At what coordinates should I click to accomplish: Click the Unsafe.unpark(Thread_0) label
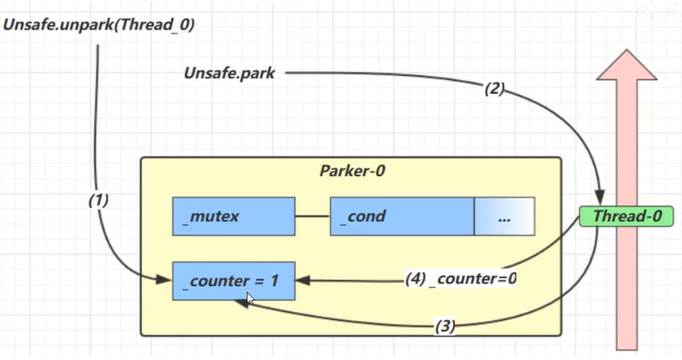(99, 25)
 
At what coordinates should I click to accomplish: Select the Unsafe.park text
(229, 73)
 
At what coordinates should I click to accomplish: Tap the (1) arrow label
(98, 200)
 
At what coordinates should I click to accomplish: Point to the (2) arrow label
(494, 89)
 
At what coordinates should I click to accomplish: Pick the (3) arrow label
(445, 326)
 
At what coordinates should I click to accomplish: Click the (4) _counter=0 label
(461, 279)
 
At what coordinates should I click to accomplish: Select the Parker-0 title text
(352, 171)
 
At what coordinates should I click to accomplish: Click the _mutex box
(233, 216)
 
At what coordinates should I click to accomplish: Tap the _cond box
(402, 216)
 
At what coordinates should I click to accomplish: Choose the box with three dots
(504, 216)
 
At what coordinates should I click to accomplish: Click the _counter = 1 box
(233, 281)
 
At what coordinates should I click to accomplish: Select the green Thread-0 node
(627, 216)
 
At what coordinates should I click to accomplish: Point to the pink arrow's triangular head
(627, 65)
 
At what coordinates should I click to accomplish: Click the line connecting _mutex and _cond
(312, 216)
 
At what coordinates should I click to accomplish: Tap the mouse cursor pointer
(250, 298)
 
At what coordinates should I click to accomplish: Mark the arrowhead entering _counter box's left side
(165, 280)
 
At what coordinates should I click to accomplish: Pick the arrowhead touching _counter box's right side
(302, 280)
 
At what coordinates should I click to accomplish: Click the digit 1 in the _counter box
(274, 281)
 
